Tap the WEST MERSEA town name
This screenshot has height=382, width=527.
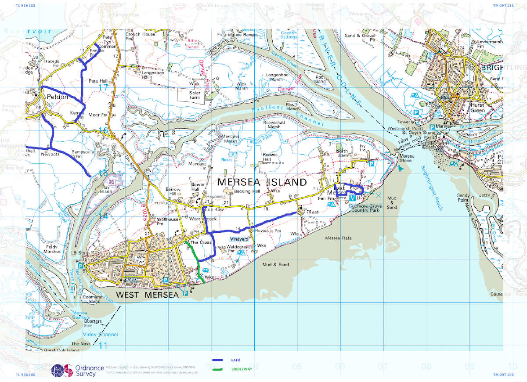147,295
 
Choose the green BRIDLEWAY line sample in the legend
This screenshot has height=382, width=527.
218,369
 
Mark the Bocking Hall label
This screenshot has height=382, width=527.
249,191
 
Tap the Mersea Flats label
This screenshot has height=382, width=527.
338,238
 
